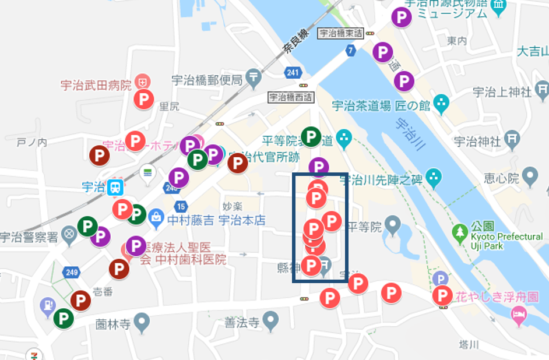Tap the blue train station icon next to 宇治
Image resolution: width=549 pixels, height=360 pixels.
(x=116, y=187)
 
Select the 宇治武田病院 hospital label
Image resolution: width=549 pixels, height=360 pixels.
(x=96, y=86)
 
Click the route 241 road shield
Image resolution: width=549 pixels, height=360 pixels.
(x=293, y=72)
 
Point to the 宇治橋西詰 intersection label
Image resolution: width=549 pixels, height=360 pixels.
(x=291, y=97)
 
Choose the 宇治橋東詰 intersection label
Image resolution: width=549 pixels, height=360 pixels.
(x=340, y=33)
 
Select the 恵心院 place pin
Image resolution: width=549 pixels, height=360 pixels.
(x=530, y=175)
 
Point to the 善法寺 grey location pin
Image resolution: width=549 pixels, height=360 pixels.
(x=270, y=319)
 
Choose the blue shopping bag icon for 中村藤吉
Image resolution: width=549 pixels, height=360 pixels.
(x=156, y=219)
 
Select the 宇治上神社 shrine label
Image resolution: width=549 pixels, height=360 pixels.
(x=502, y=91)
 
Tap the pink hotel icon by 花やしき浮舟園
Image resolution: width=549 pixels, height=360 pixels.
(x=518, y=316)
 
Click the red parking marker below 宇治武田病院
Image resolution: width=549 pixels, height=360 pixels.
(x=143, y=99)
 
